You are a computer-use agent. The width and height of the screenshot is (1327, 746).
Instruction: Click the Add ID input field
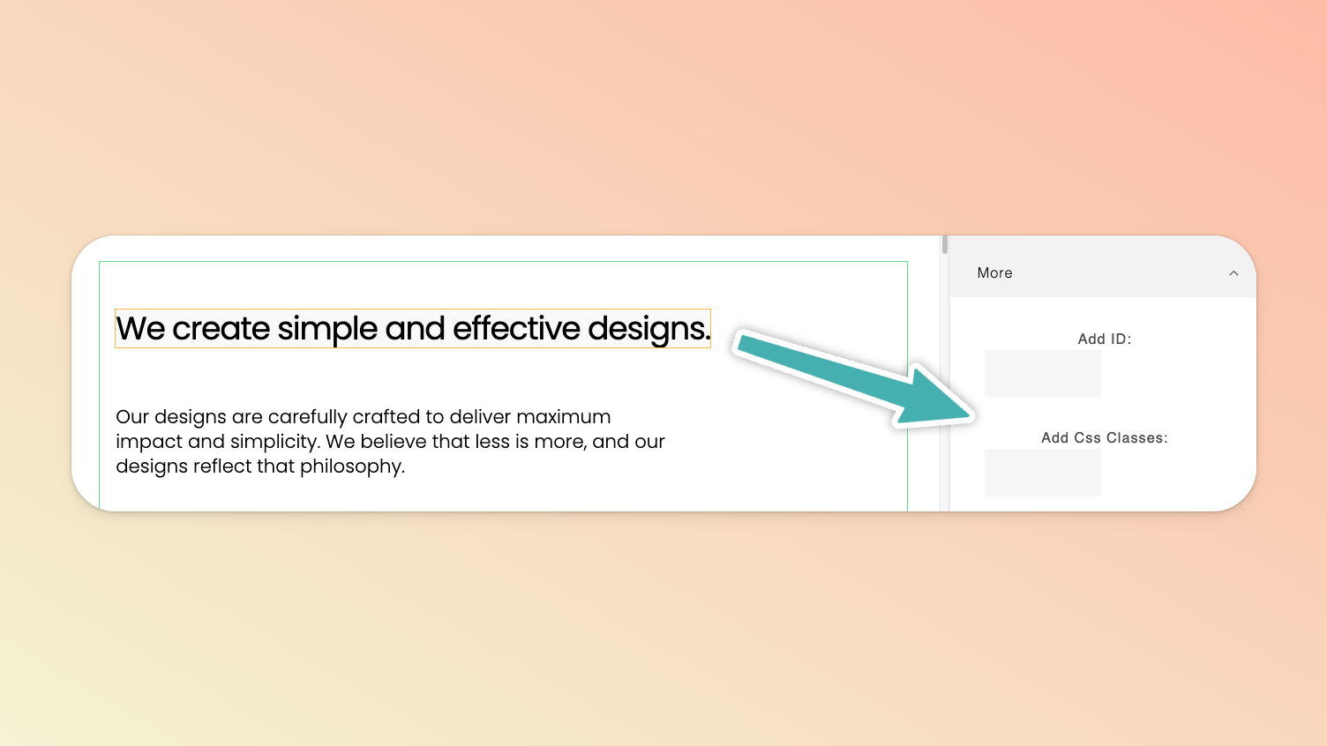(1043, 374)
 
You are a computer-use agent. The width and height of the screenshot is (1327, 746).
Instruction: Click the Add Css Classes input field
(1043, 473)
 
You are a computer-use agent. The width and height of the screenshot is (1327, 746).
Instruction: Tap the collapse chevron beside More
(1233, 273)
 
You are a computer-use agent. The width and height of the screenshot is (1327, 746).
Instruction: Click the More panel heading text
(994, 273)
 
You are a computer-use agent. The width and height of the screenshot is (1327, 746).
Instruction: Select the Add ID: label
(1105, 339)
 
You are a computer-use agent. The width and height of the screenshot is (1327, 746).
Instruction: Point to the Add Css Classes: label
(1105, 438)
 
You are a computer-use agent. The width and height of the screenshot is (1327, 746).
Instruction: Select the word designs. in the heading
(649, 329)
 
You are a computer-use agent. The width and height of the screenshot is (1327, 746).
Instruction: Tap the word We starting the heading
(139, 329)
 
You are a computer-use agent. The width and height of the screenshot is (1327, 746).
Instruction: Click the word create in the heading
(221, 329)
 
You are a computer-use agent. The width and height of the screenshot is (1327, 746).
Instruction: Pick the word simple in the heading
(327, 329)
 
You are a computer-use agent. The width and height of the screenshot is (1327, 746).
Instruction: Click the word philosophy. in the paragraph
(352, 466)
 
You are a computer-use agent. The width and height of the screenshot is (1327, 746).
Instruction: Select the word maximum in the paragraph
(563, 417)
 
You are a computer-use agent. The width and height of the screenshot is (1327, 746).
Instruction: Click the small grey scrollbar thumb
(944, 244)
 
